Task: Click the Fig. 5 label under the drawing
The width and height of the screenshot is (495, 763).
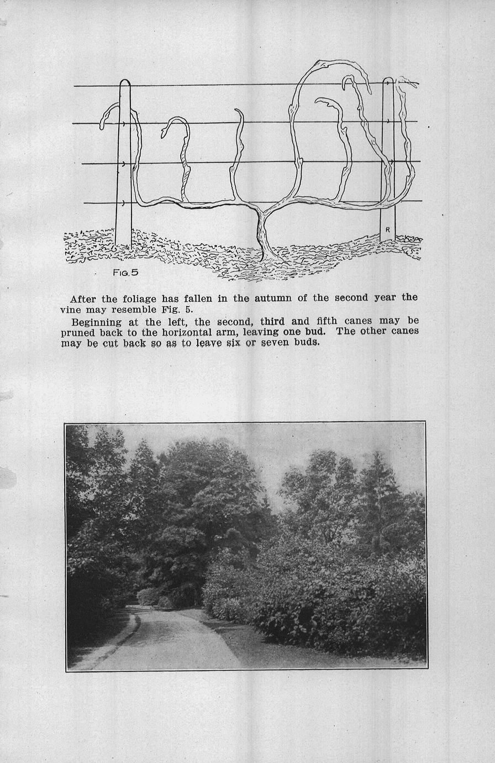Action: [125, 272]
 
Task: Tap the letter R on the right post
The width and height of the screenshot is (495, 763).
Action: [388, 229]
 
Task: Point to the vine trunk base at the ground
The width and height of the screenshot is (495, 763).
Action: [267, 255]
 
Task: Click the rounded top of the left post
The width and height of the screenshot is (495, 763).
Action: [124, 83]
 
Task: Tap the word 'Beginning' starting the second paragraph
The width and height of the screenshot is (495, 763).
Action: [97, 321]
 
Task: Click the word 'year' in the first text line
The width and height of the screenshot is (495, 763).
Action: [385, 298]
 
